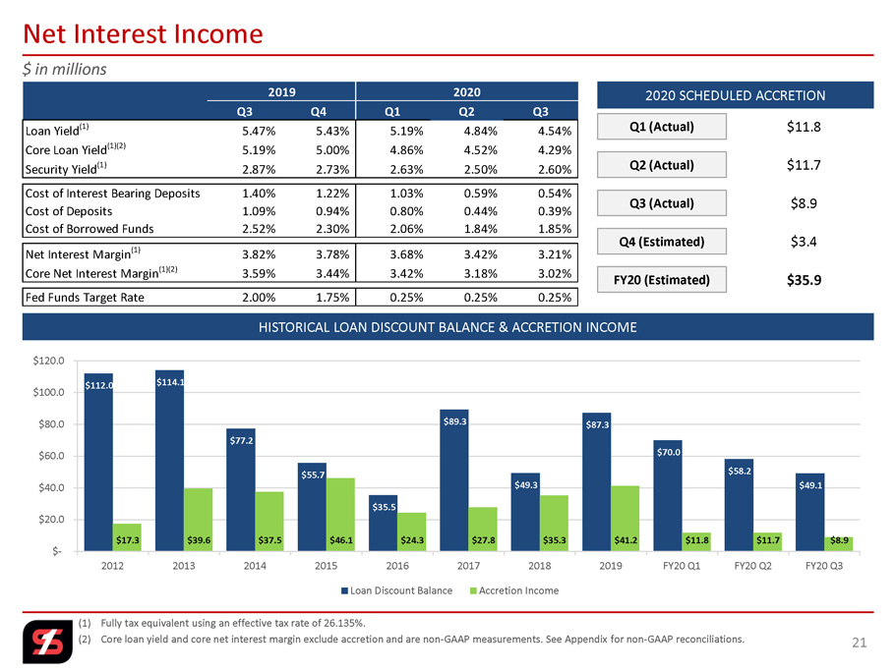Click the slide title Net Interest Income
click(143, 33)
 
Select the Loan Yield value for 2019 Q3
click(259, 131)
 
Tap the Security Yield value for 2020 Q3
click(555, 169)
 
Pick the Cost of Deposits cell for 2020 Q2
click(481, 211)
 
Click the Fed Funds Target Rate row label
click(85, 298)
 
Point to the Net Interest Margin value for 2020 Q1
click(406, 253)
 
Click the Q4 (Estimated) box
click(662, 242)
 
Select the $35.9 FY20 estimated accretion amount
click(804, 280)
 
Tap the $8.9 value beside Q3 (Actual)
click(804, 203)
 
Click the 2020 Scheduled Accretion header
click(735, 95)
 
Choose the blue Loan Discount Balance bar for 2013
click(170, 461)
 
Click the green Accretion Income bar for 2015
click(340, 515)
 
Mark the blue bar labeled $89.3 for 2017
click(454, 480)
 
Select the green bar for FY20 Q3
click(838, 544)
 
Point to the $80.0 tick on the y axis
click(48, 424)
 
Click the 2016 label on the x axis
click(397, 566)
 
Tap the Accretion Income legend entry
click(514, 590)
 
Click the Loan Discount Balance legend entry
click(396, 590)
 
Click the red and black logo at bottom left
click(48, 643)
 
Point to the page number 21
click(860, 643)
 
